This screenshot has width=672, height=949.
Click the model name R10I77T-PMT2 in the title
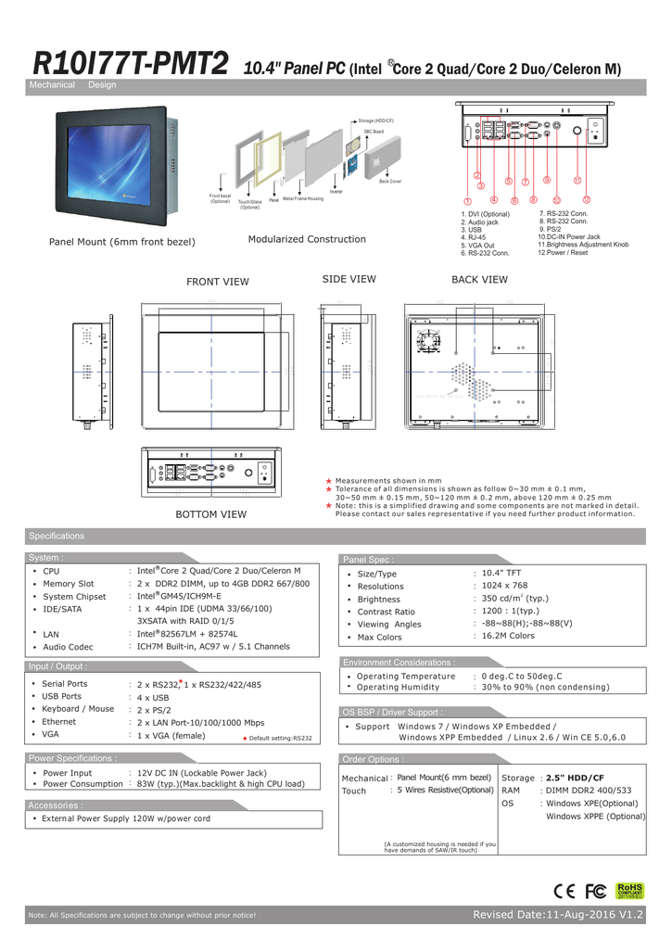(x=130, y=66)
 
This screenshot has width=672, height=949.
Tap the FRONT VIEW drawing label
(x=218, y=282)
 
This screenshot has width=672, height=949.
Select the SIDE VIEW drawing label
(x=349, y=279)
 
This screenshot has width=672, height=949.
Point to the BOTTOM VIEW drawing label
(x=211, y=513)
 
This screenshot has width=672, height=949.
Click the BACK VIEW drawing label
(x=479, y=280)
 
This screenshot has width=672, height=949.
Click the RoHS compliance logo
(x=629, y=891)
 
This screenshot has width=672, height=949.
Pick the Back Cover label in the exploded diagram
(x=389, y=182)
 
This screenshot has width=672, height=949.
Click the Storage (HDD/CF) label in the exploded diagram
(x=376, y=121)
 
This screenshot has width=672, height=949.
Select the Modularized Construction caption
(x=307, y=239)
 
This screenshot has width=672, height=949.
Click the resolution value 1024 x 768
(x=505, y=586)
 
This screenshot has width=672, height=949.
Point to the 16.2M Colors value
(x=509, y=636)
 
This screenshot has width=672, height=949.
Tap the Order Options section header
(x=372, y=759)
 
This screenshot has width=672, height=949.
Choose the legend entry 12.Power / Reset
(x=563, y=252)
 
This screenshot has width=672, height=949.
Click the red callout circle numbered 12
(x=587, y=200)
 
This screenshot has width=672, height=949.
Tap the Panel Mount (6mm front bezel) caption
(x=121, y=242)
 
